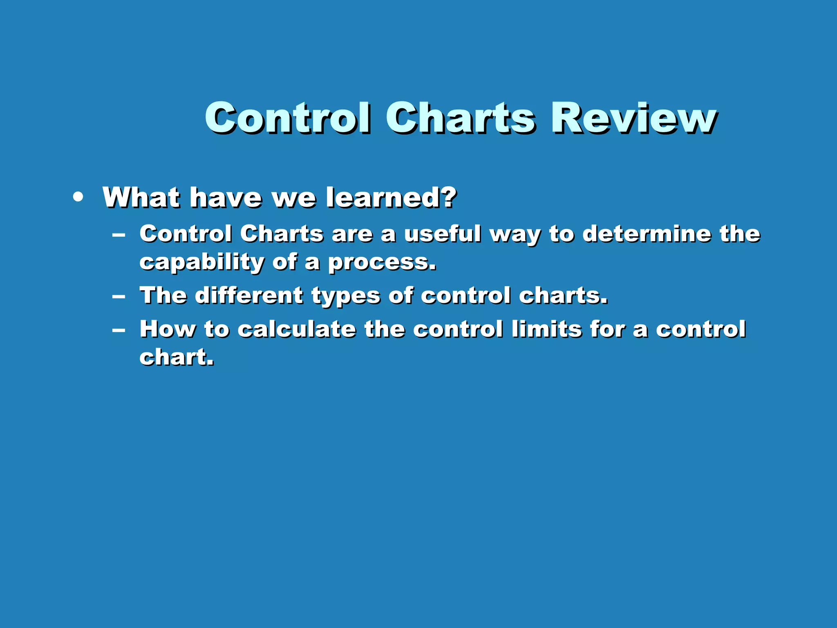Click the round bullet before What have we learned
point(78,197)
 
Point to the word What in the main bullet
point(141,197)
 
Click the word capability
point(201,262)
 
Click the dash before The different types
point(119,296)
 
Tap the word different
point(248,295)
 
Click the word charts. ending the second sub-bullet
point(563,295)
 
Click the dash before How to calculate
point(119,330)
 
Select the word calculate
point(297,329)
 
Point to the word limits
point(546,329)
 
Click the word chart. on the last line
point(176,357)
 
